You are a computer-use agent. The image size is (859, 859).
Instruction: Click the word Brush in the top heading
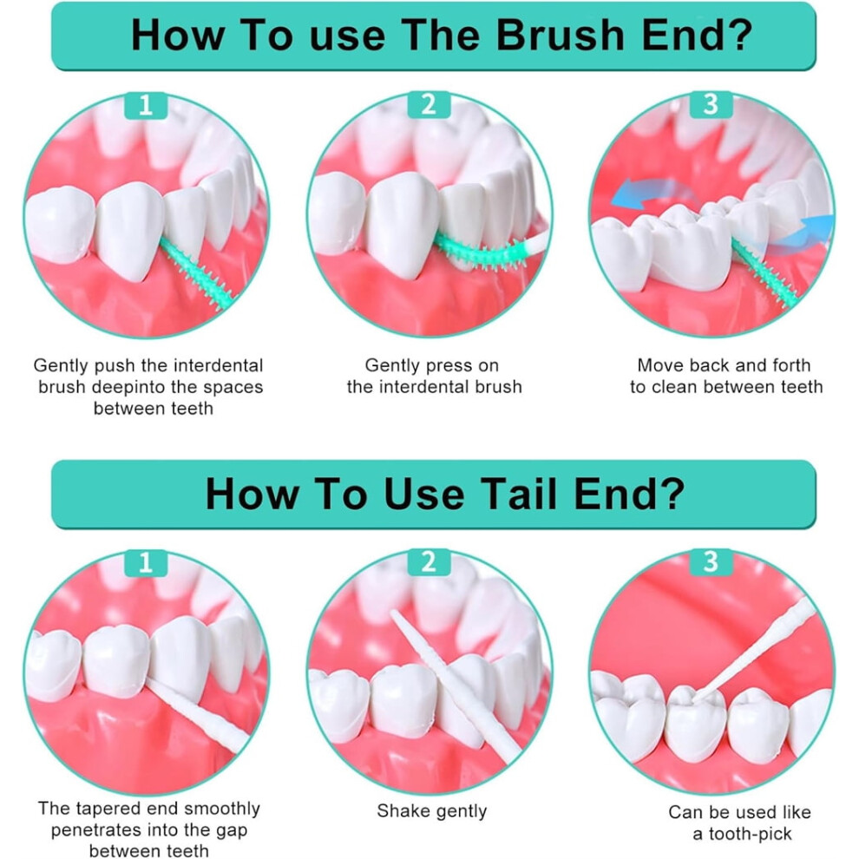560,35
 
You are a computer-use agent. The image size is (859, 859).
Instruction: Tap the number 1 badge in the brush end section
146,105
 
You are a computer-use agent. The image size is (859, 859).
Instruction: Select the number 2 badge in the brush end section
429,104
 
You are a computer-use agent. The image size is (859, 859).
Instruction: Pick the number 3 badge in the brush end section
711,104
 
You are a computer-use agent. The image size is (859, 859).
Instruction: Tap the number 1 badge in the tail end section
146,562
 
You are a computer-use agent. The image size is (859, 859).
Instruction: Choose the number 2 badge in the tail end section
429,562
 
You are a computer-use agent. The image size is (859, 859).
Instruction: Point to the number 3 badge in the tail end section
711,562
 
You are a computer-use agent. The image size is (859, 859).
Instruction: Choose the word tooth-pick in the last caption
750,834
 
